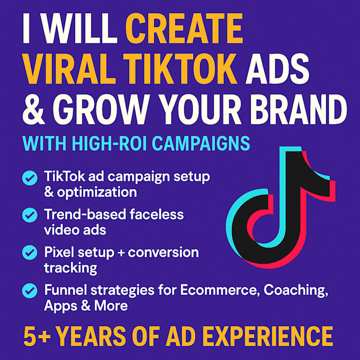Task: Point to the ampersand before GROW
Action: [35, 109]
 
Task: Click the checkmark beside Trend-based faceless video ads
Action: [29, 215]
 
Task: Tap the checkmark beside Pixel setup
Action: [29, 253]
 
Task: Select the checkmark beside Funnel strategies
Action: [29, 291]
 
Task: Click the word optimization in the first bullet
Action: [95, 192]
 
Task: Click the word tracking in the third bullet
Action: [70, 267]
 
